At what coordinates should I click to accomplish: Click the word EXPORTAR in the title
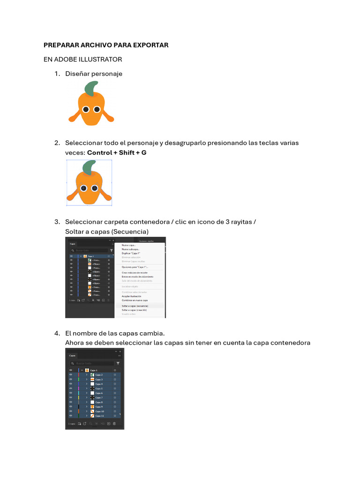pos(148,45)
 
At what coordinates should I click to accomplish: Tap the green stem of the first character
pos(91,88)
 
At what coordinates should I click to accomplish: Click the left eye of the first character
pos(86,109)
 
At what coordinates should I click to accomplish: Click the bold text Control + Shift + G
pos(117,153)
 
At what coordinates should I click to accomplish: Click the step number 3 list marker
pos(57,222)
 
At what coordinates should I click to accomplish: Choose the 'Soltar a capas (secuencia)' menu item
pos(135,306)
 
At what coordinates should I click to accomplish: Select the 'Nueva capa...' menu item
pos(128,245)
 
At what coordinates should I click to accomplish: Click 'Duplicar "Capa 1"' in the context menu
pos(131,253)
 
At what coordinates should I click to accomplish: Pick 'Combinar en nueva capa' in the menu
pos(135,300)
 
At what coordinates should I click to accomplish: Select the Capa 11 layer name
pos(100,416)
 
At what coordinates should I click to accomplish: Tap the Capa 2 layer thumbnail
pos(92,375)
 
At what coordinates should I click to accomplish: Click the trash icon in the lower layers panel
pos(114,424)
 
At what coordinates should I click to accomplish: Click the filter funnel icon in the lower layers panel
pos(118,363)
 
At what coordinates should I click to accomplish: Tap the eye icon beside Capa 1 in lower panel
pos(71,370)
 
